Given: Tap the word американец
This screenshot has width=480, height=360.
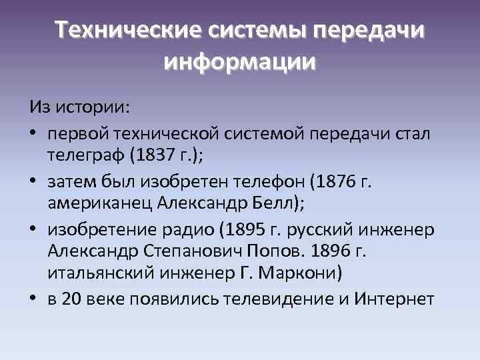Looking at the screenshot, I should (x=97, y=203).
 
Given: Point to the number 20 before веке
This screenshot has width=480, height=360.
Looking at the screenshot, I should (x=69, y=299).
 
